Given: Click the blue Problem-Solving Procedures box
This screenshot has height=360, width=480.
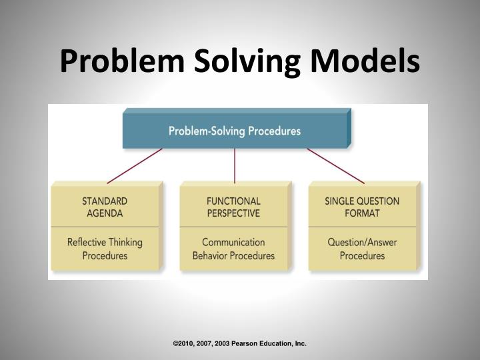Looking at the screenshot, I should (x=235, y=131).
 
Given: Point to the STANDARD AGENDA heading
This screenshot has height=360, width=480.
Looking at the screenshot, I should (x=105, y=207).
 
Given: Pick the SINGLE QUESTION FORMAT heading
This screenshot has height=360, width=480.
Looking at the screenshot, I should (x=362, y=207).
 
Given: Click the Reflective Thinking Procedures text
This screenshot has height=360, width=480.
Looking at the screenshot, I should (x=105, y=249).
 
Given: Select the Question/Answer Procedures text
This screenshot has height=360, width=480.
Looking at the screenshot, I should (x=362, y=249).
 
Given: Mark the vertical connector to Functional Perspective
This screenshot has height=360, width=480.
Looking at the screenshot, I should (x=235, y=165).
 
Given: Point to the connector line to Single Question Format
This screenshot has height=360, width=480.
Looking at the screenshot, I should (x=335, y=165).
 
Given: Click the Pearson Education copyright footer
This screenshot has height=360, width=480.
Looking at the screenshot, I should (x=239, y=343).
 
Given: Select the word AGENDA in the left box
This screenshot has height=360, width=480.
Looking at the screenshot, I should (x=105, y=213).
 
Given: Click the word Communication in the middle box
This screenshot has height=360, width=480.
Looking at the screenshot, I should (x=233, y=242).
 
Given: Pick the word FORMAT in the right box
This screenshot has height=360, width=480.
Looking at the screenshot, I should (x=362, y=213).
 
